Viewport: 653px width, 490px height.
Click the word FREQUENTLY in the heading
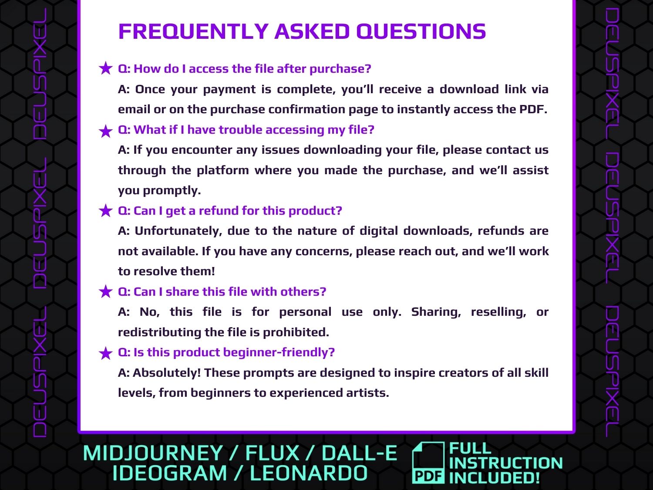click(x=194, y=31)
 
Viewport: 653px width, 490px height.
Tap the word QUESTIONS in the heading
click(x=421, y=31)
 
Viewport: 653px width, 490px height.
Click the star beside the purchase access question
click(x=106, y=68)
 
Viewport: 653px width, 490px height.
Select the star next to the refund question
click(x=106, y=211)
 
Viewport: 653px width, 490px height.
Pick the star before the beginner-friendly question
click(x=106, y=353)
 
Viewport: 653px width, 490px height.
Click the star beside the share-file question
click(x=106, y=291)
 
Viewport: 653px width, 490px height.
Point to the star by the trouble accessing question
click(x=106, y=131)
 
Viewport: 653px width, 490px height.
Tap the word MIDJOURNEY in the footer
click(x=153, y=453)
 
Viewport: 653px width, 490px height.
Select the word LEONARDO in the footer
click(x=309, y=473)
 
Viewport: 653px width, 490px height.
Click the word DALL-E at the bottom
click(x=360, y=453)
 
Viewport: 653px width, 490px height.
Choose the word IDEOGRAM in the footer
click(x=170, y=473)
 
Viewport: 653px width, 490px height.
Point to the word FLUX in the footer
click(x=272, y=453)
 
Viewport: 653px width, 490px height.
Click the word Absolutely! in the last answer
click(x=167, y=373)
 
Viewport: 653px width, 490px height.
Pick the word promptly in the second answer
click(x=172, y=190)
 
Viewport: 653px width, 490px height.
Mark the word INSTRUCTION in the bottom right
click(x=506, y=463)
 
